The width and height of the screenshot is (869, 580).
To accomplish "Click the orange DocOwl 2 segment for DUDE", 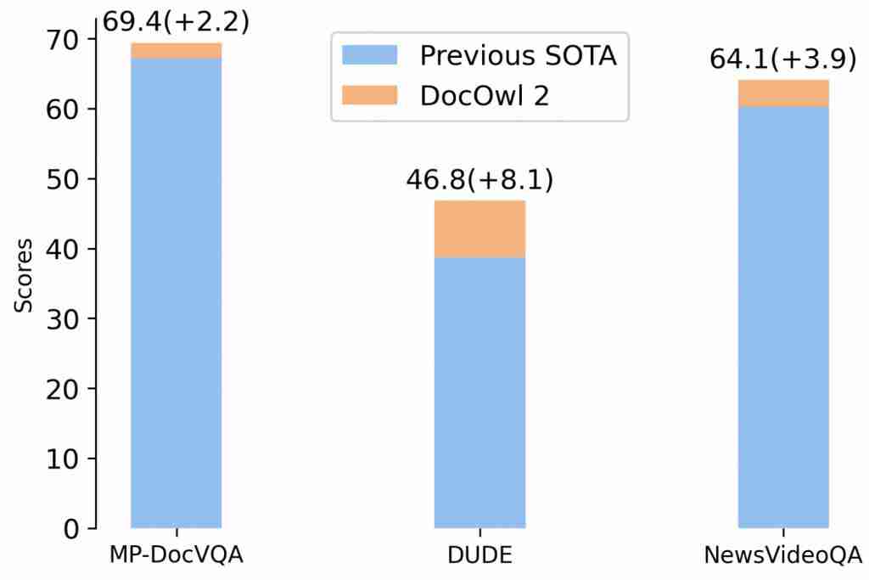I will [x=479, y=229].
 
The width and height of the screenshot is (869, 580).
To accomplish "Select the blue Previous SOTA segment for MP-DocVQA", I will [x=176, y=293].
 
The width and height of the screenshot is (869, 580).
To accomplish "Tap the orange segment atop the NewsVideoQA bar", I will [x=782, y=93].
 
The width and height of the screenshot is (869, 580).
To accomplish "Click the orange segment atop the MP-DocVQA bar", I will [x=176, y=51].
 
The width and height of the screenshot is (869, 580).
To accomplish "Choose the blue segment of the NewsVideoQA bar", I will [x=782, y=317].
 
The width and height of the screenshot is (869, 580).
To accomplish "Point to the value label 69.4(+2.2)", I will [x=176, y=21].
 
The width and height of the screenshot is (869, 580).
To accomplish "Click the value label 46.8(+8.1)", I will [x=479, y=180].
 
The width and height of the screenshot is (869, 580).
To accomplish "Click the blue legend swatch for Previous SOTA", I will [x=369, y=56].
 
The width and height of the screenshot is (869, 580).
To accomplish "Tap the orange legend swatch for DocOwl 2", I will [x=369, y=95].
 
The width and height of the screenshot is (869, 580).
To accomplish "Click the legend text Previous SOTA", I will [x=518, y=56].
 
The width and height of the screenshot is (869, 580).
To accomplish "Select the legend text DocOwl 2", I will [x=485, y=95].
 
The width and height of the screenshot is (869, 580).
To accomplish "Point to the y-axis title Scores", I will [x=25, y=275].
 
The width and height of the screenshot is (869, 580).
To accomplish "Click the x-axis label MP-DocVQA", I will [x=176, y=555].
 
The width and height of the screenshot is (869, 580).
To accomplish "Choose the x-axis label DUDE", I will [x=479, y=555].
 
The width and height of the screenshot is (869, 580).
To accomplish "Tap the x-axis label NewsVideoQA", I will [x=782, y=555].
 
